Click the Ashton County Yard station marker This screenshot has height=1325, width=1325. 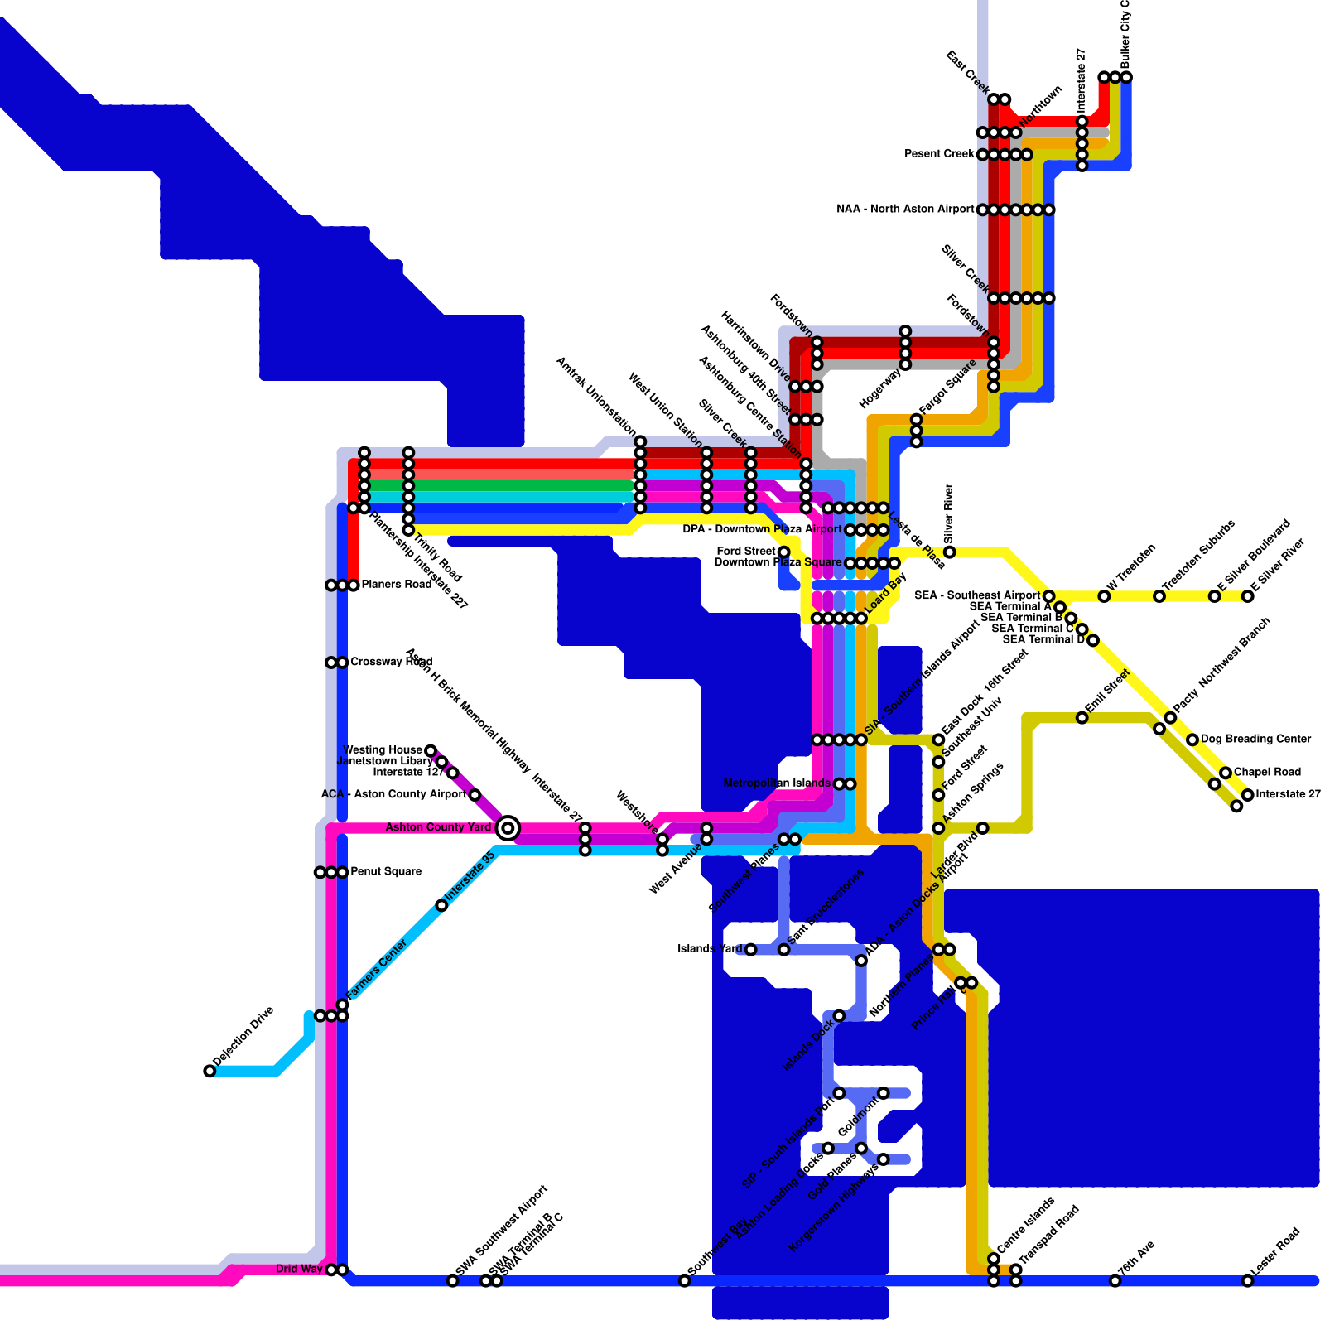point(508,827)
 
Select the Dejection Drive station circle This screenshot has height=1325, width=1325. point(210,1071)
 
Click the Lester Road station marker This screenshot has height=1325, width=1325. point(1247,1281)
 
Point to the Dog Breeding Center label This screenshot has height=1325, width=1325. point(1255,739)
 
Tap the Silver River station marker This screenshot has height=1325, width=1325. point(949,552)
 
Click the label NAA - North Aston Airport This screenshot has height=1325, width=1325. point(905,210)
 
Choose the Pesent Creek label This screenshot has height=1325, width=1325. point(939,154)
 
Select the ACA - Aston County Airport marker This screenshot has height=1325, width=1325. point(475,795)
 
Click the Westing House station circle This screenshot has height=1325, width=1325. point(431,750)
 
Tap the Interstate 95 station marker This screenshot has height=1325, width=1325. point(441,905)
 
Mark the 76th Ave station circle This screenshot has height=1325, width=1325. point(1115,1281)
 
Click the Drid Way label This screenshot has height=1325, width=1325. point(299,1270)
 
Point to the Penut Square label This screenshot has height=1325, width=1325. point(386,872)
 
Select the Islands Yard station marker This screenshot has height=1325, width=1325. point(750,949)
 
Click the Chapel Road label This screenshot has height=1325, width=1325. point(1267,772)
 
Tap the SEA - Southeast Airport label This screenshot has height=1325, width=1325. point(976,595)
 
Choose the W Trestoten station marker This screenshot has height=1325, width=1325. point(1104,596)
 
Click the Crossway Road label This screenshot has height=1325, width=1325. point(391,662)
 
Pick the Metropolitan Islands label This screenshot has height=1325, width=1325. point(776,783)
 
